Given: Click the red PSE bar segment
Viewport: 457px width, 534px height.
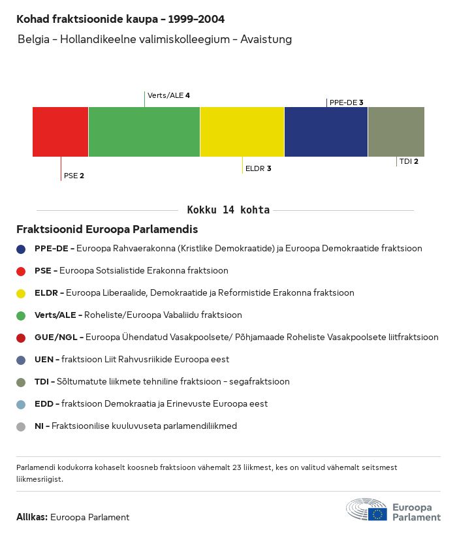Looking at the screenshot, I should click(60, 132).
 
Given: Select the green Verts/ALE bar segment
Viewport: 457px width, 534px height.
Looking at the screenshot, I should click(144, 132).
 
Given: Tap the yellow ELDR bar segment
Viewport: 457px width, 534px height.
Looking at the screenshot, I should click(242, 132).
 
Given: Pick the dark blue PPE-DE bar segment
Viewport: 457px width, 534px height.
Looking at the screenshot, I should click(326, 132).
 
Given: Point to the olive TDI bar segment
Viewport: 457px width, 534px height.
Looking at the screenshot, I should click(396, 132).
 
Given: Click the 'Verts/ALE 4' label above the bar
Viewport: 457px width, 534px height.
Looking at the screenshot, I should click(168, 95).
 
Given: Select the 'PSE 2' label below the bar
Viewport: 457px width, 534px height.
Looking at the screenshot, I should click(74, 176).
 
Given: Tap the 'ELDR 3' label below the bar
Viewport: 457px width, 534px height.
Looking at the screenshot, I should click(258, 168).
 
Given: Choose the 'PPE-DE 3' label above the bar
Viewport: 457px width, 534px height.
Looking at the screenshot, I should click(346, 102).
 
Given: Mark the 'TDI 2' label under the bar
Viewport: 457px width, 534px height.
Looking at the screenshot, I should click(409, 161).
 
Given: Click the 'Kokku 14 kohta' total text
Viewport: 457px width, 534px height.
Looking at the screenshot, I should click(228, 210).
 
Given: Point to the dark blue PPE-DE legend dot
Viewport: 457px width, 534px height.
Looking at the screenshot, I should click(21, 249).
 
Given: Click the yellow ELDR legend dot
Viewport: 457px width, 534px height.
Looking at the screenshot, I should click(21, 293).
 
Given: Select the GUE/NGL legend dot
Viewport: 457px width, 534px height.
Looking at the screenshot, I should click(21, 338).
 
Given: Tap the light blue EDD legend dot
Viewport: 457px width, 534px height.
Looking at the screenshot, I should click(21, 404).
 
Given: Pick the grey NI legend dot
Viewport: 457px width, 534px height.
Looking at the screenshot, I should click(21, 426).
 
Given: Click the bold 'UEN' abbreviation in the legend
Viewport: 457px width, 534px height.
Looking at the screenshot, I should click(44, 360).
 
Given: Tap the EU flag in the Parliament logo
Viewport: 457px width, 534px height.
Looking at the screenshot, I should click(377, 514).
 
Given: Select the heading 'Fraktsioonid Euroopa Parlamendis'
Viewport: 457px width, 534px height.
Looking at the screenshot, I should click(107, 230).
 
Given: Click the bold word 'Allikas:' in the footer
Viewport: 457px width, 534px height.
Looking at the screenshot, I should click(32, 517).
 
